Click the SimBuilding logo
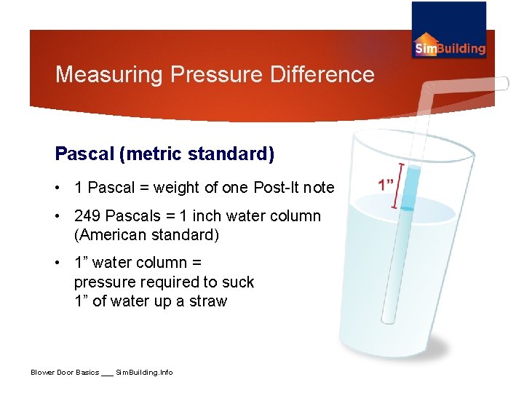pos(449,31)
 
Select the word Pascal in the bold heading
pos(84,154)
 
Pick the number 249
pos(87,216)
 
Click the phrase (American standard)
pos(146,236)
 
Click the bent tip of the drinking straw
pos(501,84)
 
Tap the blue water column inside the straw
pos(410,187)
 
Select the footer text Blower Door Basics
pos(65,373)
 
